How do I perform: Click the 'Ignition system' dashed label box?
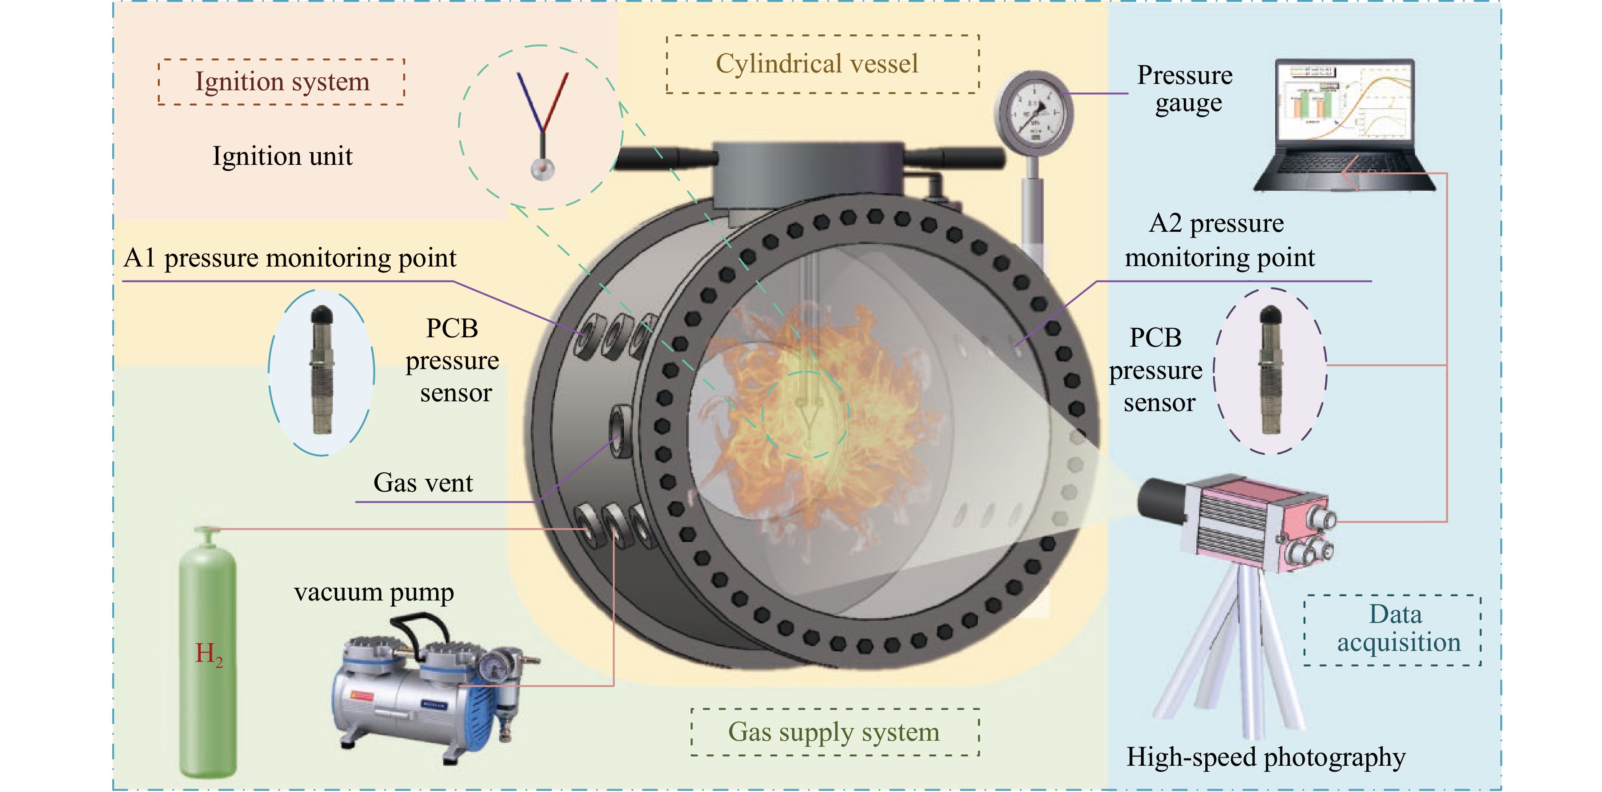pos(282,81)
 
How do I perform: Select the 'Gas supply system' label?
pos(834,732)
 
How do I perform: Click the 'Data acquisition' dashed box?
pos(1392,629)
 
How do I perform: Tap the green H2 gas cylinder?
pos(208,659)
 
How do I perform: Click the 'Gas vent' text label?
pos(423,482)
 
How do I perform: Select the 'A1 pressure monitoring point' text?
pos(290,257)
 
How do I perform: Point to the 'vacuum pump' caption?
pos(374,592)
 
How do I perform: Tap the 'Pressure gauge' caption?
pos(1185,89)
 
